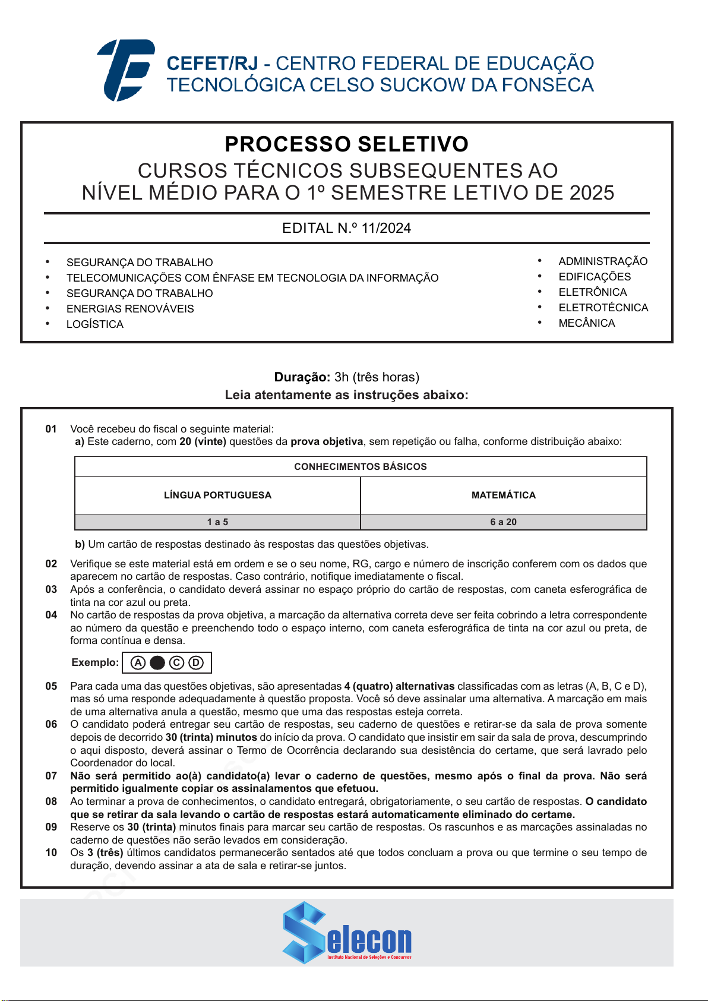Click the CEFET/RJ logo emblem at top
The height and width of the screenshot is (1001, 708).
tap(126, 70)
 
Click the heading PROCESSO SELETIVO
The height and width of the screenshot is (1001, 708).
tap(346, 144)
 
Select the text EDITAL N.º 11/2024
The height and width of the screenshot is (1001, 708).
tap(346, 228)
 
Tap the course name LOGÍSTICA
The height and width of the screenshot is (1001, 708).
tap(95, 324)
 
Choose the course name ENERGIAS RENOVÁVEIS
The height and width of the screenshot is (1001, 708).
tap(130, 309)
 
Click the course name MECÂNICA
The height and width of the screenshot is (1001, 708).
tap(587, 323)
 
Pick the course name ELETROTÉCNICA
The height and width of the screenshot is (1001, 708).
tap(603, 308)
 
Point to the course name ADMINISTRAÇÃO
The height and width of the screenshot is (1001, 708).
tap(603, 261)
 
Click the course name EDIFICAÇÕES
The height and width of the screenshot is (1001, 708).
tap(595, 277)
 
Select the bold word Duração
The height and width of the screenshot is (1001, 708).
tap(302, 377)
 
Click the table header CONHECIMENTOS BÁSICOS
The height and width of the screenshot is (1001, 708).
tap(361, 467)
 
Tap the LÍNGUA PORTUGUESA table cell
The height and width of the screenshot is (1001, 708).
tap(217, 495)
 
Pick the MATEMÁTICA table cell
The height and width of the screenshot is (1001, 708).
tap(503, 495)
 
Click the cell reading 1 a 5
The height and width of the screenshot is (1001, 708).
tap(217, 522)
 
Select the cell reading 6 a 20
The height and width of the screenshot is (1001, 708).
tap(503, 522)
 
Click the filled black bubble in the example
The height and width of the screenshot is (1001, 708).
tap(157, 663)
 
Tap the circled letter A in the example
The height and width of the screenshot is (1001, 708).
tap(138, 663)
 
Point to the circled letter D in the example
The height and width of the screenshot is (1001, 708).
tap(196, 663)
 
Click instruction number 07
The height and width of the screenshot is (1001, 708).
tap(52, 776)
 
